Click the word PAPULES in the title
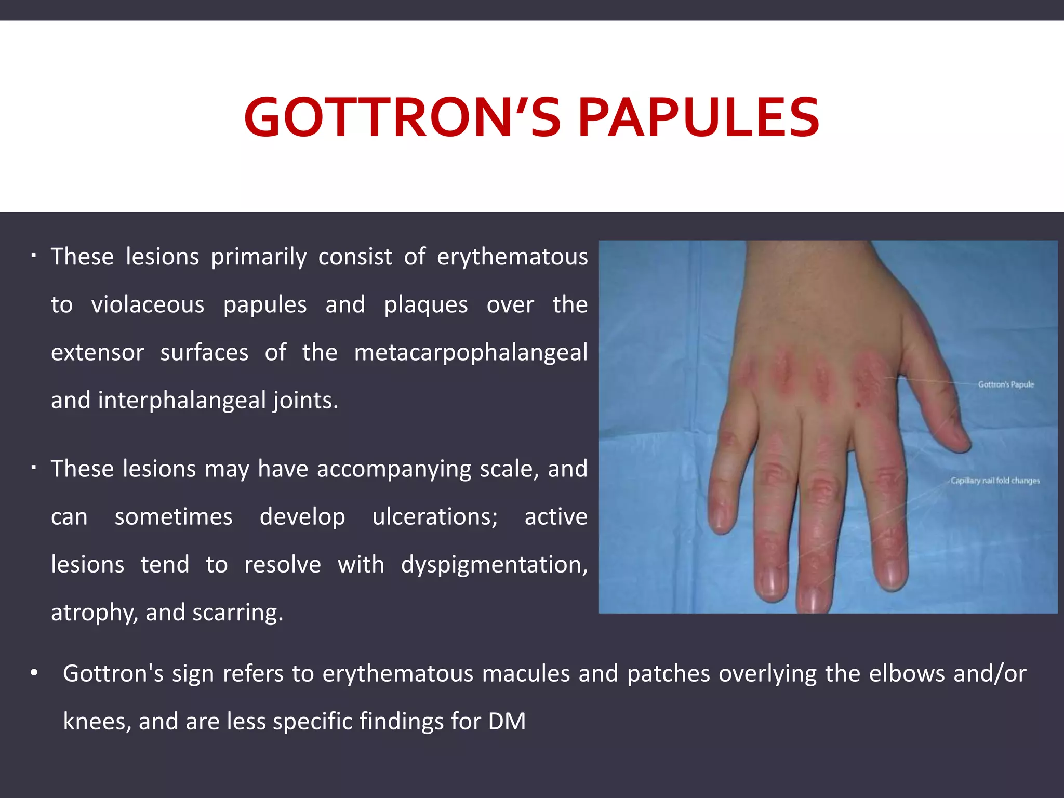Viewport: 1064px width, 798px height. [699, 118]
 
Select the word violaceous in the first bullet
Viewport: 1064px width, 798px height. [148, 305]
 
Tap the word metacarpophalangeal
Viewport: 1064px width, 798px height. [471, 353]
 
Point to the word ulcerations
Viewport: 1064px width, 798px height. [435, 517]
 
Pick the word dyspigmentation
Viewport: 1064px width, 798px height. [494, 565]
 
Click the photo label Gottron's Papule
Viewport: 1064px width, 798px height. [1006, 384]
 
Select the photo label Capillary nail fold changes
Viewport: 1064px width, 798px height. [995, 481]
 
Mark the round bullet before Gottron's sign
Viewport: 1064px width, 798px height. [34, 674]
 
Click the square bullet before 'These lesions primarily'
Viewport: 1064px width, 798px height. [33, 256]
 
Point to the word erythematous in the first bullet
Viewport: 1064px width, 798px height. [512, 257]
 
